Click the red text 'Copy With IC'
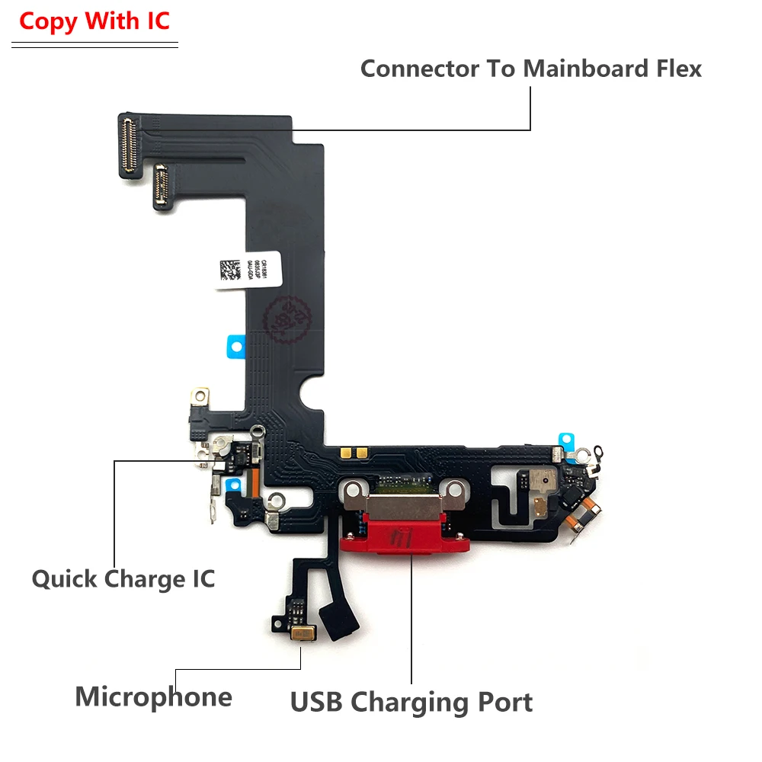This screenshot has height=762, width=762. (x=94, y=21)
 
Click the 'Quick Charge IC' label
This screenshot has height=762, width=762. (x=123, y=578)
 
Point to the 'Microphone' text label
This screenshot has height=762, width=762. (x=153, y=696)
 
